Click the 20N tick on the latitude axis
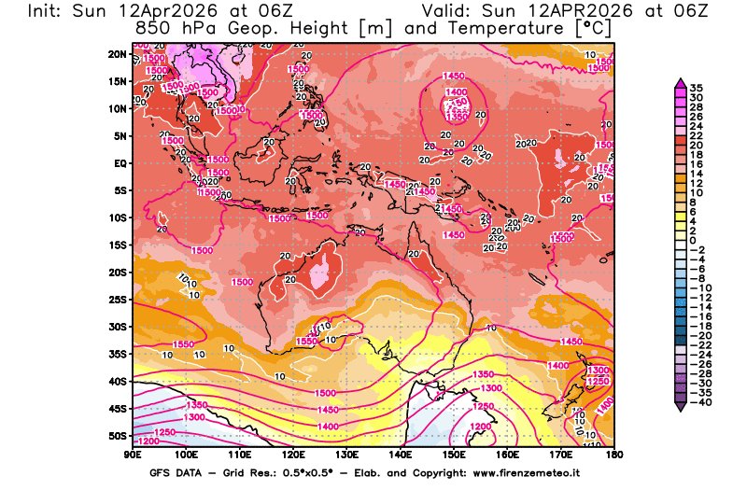(116, 54)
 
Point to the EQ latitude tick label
(119, 162)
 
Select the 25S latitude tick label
(116, 300)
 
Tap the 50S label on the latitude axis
(116, 436)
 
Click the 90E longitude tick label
(133, 455)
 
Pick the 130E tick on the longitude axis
(346, 455)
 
